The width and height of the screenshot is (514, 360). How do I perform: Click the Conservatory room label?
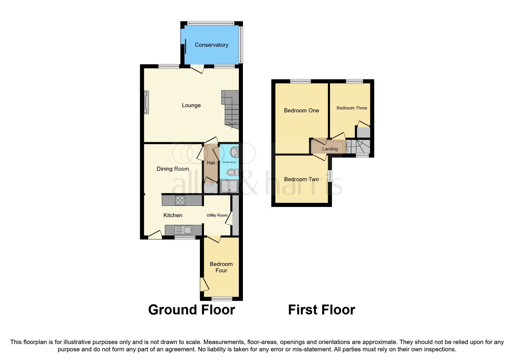(x=211, y=45)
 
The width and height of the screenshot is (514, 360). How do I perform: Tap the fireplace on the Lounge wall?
(x=146, y=102)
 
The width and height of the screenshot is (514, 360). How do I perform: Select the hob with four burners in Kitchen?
(x=180, y=200)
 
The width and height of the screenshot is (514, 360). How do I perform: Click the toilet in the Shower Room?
(x=232, y=172)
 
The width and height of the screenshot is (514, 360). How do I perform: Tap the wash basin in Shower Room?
(x=234, y=152)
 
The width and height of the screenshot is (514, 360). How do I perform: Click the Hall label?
(x=211, y=163)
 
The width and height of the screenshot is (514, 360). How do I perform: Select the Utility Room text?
(x=217, y=215)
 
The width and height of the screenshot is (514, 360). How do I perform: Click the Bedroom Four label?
(x=221, y=267)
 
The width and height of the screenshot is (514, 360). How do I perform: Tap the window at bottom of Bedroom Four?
(x=222, y=298)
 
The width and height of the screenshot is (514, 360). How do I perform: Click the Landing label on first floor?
(x=330, y=149)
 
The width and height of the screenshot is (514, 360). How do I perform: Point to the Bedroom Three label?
(x=352, y=108)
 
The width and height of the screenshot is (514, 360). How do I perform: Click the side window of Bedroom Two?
(x=330, y=176)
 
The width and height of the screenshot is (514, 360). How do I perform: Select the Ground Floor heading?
(x=191, y=310)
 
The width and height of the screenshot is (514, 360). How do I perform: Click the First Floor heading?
(x=321, y=310)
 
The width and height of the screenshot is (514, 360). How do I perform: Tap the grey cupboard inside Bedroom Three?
(x=363, y=132)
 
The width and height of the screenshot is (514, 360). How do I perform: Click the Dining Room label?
(x=173, y=169)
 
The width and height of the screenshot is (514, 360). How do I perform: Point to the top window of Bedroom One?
(x=300, y=82)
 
